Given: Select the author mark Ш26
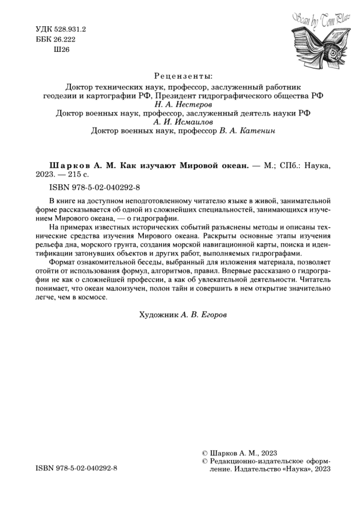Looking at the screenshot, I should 62,50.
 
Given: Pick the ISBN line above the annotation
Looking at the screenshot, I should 89,188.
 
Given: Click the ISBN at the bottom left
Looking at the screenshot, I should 76,469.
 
